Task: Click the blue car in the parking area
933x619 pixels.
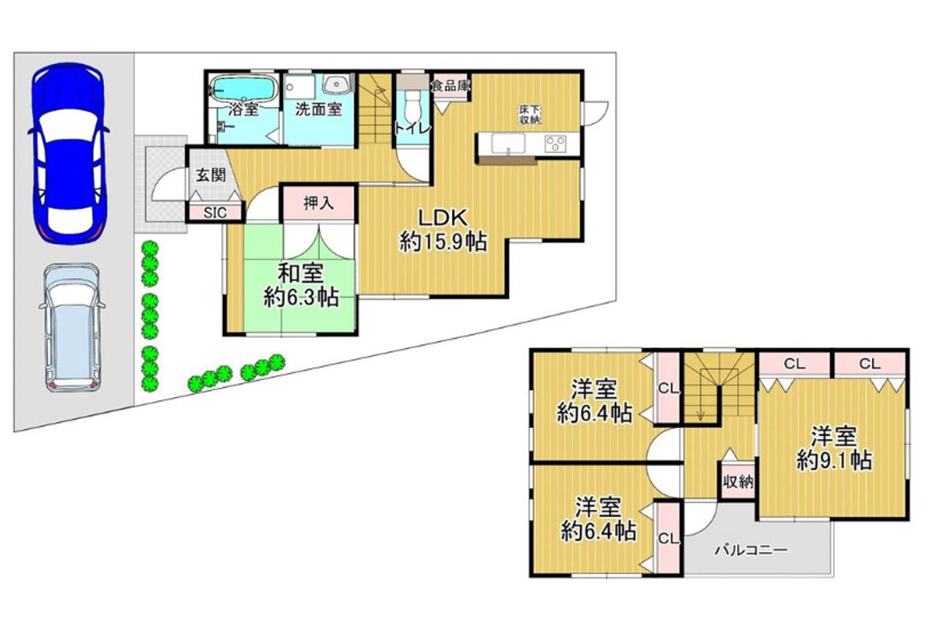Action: (69, 153)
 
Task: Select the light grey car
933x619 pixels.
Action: (72, 328)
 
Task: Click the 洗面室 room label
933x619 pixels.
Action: (319, 109)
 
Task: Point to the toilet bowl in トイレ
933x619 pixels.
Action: (413, 106)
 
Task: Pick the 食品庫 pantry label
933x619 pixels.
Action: (450, 86)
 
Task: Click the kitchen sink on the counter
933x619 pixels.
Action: (508, 144)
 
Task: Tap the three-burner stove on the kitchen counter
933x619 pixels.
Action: (555, 144)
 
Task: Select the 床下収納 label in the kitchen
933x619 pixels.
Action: (530, 115)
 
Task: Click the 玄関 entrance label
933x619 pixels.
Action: (211, 175)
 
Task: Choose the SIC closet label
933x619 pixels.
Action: (215, 213)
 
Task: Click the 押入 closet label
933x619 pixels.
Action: (319, 203)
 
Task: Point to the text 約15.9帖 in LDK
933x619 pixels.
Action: (443, 241)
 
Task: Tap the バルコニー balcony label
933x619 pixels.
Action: (752, 551)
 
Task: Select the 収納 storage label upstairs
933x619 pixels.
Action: (738, 483)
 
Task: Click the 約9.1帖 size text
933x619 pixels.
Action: (835, 460)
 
